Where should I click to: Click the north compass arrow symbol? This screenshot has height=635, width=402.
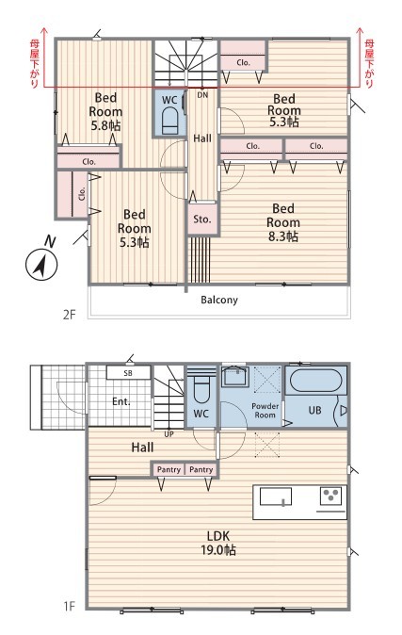point(41,264)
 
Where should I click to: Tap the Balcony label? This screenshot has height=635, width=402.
point(219,301)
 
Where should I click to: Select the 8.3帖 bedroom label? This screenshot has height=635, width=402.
point(283,222)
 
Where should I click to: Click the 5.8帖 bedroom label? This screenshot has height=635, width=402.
point(105,111)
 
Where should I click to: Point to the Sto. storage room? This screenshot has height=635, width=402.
point(202,220)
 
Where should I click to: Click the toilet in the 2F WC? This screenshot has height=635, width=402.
point(170,121)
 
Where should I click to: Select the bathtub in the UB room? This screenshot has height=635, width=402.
point(315,380)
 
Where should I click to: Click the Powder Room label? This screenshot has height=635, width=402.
point(265,411)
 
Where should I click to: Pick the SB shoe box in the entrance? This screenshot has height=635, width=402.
point(128,372)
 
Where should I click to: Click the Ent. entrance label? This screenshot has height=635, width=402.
point(121,401)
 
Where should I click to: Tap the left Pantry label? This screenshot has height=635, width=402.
point(169,469)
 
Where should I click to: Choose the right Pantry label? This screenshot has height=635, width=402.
point(201,469)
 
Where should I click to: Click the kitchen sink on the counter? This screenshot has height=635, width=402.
point(275,497)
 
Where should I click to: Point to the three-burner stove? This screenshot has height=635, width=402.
point(330,496)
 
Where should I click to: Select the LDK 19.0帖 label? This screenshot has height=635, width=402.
point(218,543)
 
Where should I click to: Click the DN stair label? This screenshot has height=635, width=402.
point(202,95)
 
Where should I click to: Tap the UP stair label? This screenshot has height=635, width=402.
point(169,433)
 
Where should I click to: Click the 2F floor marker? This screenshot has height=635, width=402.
point(70,315)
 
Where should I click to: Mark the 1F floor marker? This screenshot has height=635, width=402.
point(70,606)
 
